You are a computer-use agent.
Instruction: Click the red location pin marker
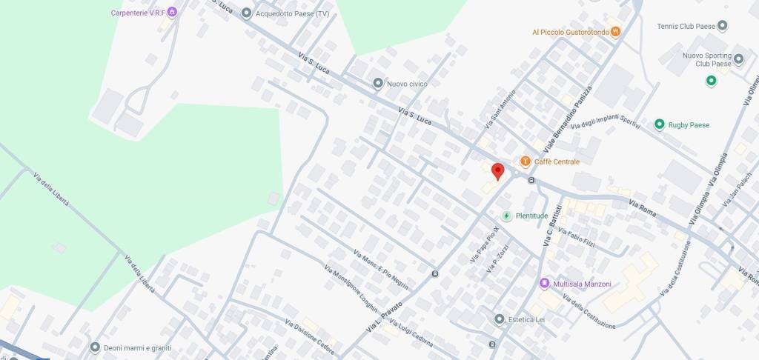(x=498, y=171)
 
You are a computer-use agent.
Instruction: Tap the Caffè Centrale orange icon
(x=526, y=161)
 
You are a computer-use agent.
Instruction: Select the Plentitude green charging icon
(x=507, y=216)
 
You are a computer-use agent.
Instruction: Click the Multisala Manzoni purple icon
(x=545, y=284)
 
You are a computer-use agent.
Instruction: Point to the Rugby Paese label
(x=689, y=124)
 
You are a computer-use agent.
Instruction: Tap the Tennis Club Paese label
(x=686, y=27)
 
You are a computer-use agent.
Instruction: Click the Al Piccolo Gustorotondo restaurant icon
(x=616, y=32)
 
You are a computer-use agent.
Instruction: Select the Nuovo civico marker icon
(x=378, y=84)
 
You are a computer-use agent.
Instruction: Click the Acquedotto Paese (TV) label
(x=292, y=13)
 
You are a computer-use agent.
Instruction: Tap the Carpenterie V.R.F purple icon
(x=172, y=13)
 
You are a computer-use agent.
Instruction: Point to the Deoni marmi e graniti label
(x=137, y=347)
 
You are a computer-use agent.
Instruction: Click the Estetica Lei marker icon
(x=500, y=319)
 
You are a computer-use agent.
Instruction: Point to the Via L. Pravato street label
(x=385, y=316)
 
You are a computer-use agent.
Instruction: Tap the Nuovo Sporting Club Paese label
(x=707, y=59)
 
